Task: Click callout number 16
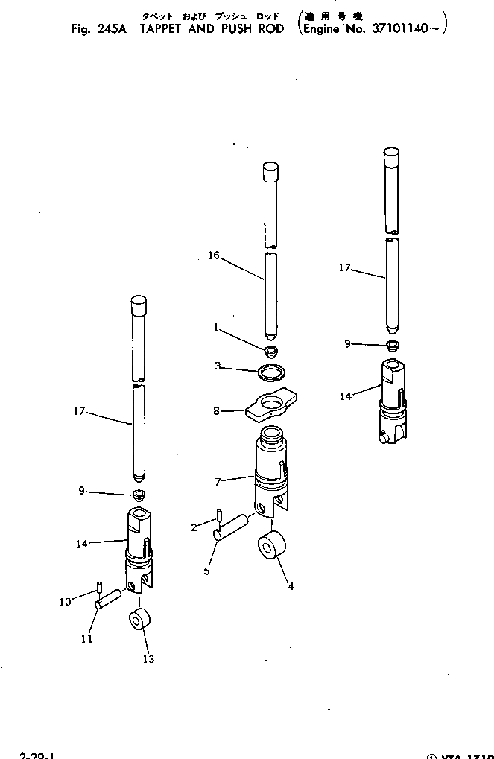(x=214, y=255)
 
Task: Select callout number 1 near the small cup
(x=216, y=327)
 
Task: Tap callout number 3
(x=217, y=366)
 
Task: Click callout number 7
(x=217, y=482)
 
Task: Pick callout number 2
(x=194, y=527)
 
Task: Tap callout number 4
(x=291, y=586)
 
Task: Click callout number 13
(x=148, y=658)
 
